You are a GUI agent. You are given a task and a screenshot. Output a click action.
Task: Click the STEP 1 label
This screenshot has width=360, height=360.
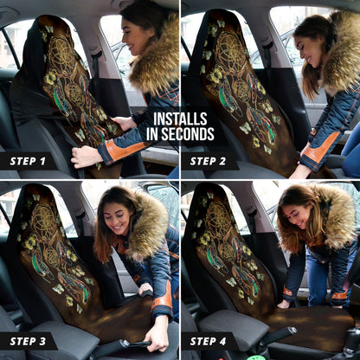(28, 161)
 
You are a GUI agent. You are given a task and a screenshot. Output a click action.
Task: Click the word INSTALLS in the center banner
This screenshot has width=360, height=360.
(179, 119)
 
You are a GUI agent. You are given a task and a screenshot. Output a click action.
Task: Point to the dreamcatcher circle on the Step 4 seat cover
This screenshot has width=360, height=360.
(218, 222)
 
